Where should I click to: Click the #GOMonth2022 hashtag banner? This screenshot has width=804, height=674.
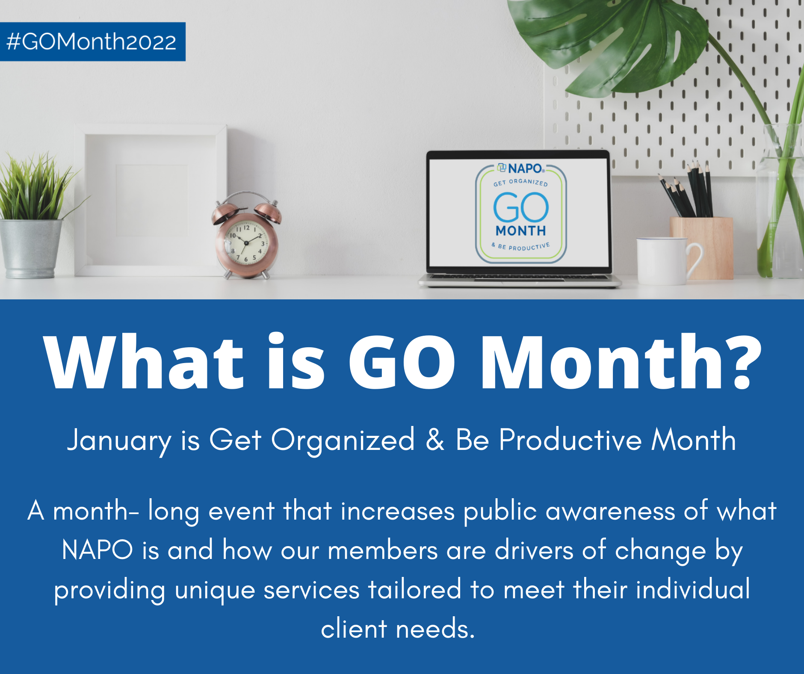pyautogui.click(x=92, y=41)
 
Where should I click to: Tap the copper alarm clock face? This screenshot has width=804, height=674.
pyautogui.click(x=247, y=243)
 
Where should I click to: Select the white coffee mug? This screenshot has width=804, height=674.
pyautogui.click(x=668, y=261)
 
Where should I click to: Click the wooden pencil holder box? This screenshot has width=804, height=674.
pyautogui.click(x=701, y=248)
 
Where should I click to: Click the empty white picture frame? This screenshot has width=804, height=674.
pyautogui.click(x=151, y=200)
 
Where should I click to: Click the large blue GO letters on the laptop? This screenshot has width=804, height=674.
pyautogui.click(x=521, y=207)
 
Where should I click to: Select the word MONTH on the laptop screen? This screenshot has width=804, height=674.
pyautogui.click(x=521, y=231)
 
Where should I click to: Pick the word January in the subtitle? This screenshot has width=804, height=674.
pyautogui.click(x=119, y=440)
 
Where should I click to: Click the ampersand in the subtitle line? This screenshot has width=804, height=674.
pyautogui.click(x=435, y=440)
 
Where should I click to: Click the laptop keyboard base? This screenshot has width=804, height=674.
pyautogui.click(x=520, y=280)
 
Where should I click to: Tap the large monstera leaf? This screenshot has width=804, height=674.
pyautogui.click(x=607, y=43)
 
